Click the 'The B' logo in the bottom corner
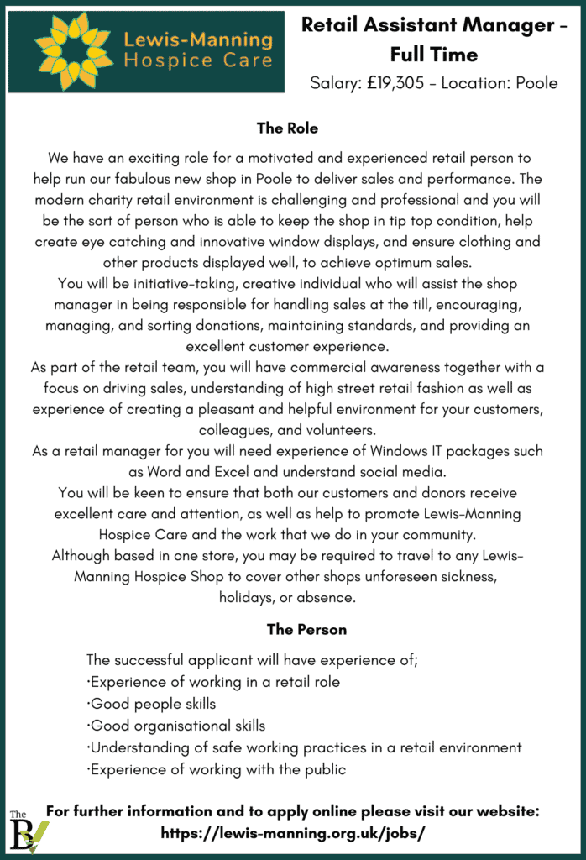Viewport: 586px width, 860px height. click(x=28, y=832)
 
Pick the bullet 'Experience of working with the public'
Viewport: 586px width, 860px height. click(x=217, y=769)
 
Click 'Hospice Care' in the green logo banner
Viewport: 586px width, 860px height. click(x=198, y=60)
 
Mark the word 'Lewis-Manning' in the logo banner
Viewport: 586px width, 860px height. click(x=198, y=39)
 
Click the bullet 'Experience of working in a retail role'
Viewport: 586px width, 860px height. click(x=214, y=682)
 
